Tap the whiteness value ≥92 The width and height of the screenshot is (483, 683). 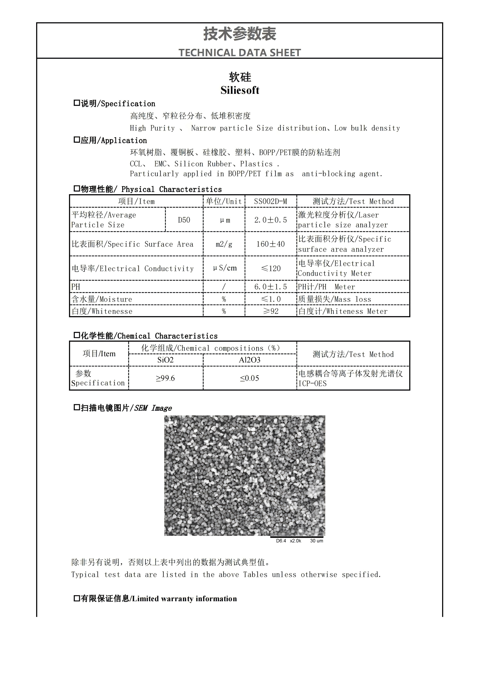pyautogui.click(x=271, y=311)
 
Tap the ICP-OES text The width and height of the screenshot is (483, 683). pyautogui.click(x=312, y=383)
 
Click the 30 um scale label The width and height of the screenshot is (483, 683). pyautogui.click(x=317, y=541)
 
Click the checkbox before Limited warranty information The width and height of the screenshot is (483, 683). pyautogui.click(x=76, y=598)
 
